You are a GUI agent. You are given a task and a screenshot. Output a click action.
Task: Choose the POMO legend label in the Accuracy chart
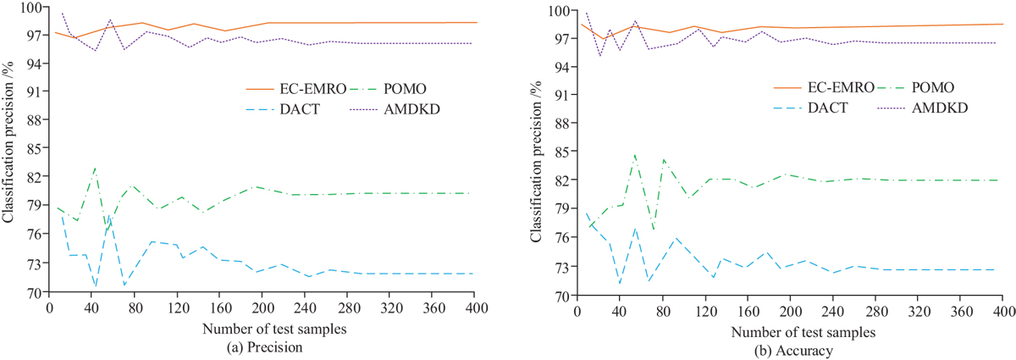(x=934, y=87)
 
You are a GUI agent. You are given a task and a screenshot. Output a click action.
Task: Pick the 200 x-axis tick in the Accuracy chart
(x=790, y=309)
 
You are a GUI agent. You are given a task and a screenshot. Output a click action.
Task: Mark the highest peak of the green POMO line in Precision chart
(x=96, y=168)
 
